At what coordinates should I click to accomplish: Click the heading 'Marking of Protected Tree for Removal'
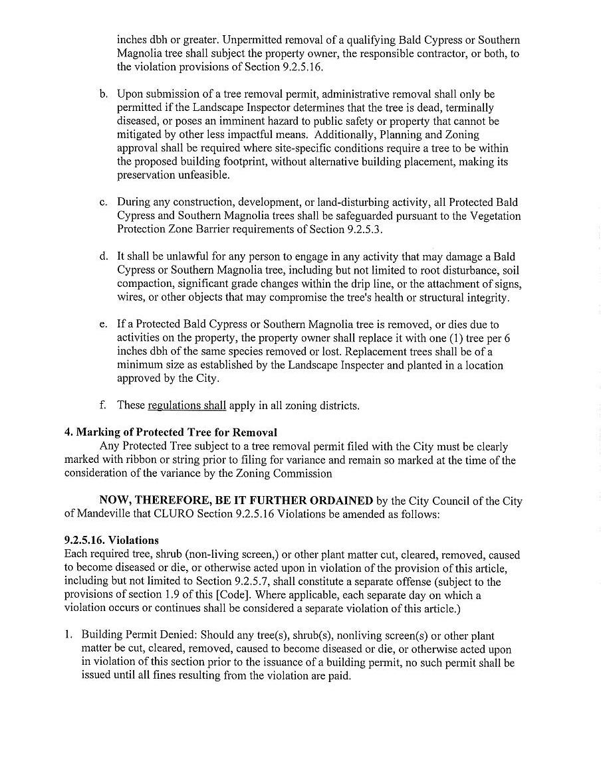pyautogui.click(x=177, y=432)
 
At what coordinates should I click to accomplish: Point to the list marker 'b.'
pyautogui.click(x=104, y=94)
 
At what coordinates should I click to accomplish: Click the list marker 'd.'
pyautogui.click(x=104, y=256)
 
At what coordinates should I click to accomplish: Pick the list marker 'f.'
pyautogui.click(x=103, y=404)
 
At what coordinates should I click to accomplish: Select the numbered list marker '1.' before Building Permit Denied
pyautogui.click(x=68, y=635)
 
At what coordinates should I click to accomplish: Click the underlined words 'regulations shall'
pyautogui.click(x=187, y=405)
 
